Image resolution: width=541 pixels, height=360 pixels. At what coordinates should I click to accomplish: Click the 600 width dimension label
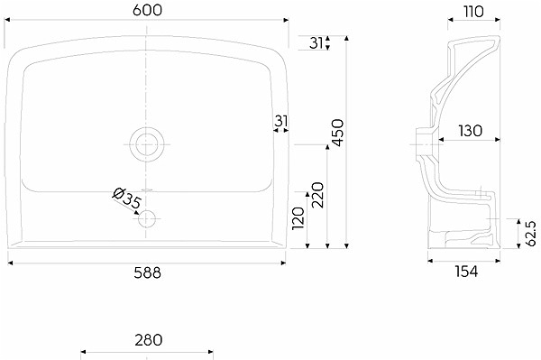147,10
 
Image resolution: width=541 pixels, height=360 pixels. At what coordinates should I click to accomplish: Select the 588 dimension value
147,273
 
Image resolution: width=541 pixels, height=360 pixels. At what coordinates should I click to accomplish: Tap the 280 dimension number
149,340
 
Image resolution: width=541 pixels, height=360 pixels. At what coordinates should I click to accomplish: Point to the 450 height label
337,133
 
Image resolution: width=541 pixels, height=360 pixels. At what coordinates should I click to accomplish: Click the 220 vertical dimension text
317,195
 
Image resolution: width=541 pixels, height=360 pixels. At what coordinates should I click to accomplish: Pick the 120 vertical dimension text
298,218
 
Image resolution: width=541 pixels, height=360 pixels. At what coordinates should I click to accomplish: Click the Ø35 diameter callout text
127,198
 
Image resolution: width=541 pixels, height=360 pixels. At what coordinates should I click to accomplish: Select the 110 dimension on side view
473,12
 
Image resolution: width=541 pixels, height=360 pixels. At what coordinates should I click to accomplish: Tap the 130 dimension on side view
470,131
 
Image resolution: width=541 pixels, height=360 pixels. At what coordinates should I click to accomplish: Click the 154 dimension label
466,272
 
